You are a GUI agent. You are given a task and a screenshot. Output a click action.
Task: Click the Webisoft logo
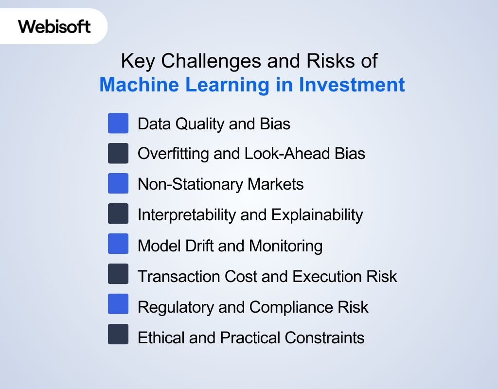(54, 26)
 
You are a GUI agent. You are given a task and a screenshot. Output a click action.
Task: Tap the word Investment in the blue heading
(351, 85)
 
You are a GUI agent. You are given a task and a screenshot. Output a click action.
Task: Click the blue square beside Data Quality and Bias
(118, 124)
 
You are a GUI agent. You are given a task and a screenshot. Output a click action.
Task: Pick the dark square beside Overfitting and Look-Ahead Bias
(118, 154)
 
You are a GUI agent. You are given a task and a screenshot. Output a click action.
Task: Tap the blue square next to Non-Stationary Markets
(118, 184)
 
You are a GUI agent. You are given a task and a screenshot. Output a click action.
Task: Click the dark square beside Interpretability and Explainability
(118, 214)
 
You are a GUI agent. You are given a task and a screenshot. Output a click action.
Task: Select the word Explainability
(317, 214)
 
